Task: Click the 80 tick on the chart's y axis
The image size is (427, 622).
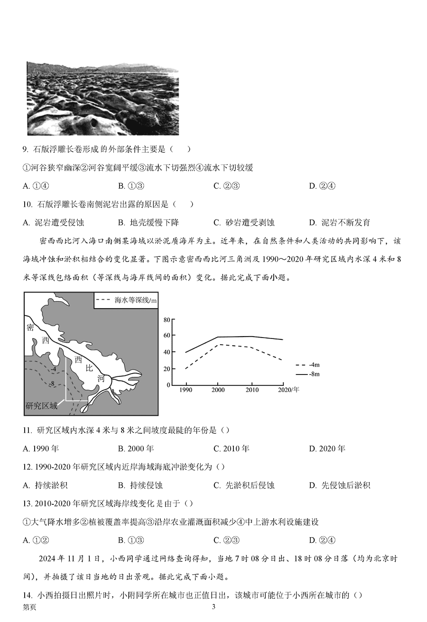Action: [x=167, y=320]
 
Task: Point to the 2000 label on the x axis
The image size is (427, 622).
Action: [x=218, y=390]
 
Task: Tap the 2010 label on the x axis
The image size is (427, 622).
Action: [x=252, y=390]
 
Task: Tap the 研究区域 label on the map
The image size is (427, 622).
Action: [x=42, y=405]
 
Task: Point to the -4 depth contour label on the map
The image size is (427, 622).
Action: [x=55, y=369]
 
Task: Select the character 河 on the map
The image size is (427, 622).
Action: [x=101, y=378]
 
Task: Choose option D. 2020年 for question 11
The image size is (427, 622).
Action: [x=327, y=448]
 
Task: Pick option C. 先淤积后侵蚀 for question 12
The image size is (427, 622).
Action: [x=244, y=485]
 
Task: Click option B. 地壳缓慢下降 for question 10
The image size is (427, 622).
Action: [x=149, y=222]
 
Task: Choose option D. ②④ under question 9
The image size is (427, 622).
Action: [x=322, y=186]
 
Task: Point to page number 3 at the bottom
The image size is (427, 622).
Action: [x=213, y=607]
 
